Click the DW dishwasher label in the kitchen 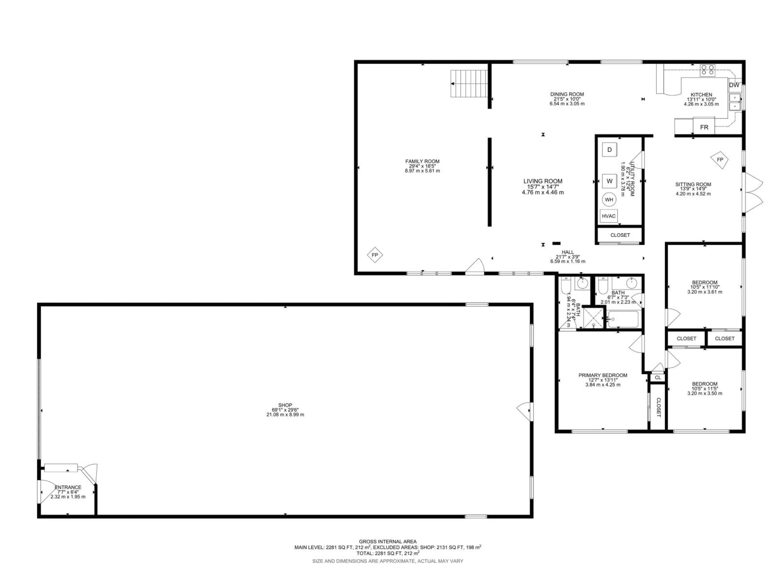click(734, 85)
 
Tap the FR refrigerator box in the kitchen click(704, 127)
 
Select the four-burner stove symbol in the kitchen click(707, 70)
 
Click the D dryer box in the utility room click(609, 150)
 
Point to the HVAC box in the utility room click(609, 216)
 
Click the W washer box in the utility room click(609, 181)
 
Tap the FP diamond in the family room click(375, 255)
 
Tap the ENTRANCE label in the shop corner click(68, 487)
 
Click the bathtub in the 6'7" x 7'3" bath click(623, 319)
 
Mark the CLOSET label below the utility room click(620, 235)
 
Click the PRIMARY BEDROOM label click(603, 375)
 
